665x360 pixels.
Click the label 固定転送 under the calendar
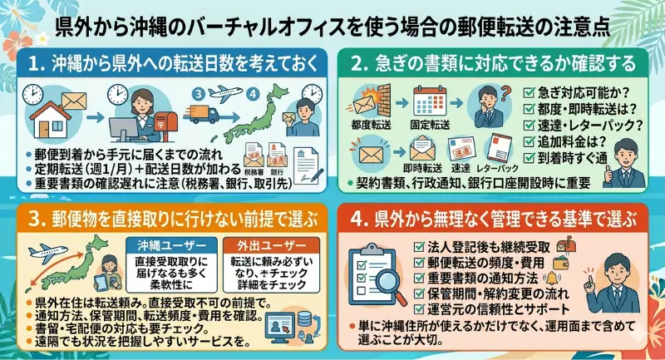click(431, 125)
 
